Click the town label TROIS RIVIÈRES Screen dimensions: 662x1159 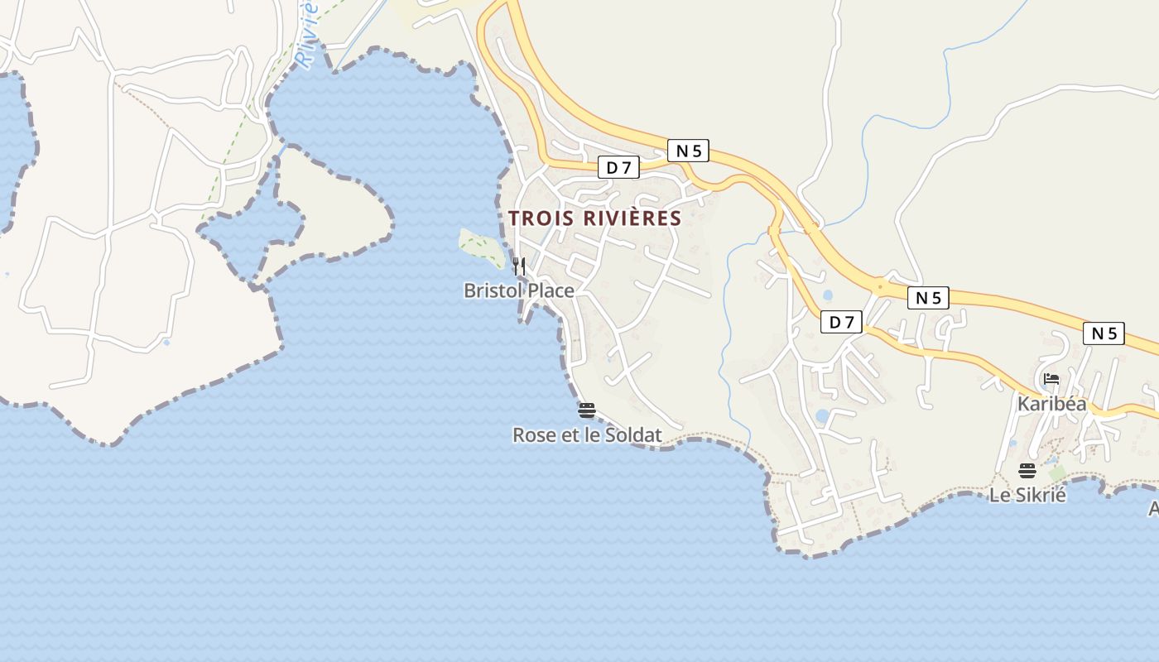(594, 218)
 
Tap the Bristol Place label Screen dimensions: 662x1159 (518, 290)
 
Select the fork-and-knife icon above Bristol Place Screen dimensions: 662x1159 (519, 266)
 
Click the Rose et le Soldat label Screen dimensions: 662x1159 (587, 434)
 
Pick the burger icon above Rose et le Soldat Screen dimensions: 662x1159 (587, 410)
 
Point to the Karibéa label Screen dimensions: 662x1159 (1051, 404)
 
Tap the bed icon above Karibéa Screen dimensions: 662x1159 (1051, 379)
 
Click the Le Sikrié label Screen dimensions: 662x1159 (1027, 495)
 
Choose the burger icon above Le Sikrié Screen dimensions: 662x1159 (1027, 471)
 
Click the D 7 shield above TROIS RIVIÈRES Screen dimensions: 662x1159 (618, 167)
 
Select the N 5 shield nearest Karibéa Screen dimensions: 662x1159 (1104, 333)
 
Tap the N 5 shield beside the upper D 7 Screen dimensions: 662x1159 (688, 151)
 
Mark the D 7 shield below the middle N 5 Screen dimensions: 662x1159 (841, 322)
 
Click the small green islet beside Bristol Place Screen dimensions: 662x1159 (482, 246)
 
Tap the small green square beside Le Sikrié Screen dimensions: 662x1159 (1057, 473)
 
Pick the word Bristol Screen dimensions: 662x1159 (493, 290)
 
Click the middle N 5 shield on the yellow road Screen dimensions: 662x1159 (928, 298)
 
